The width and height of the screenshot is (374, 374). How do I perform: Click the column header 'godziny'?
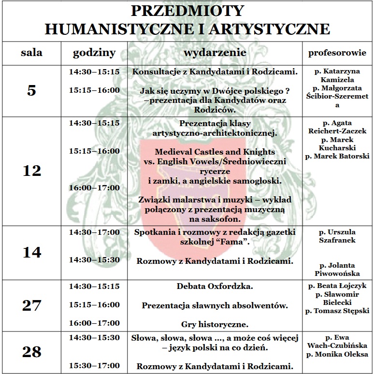point(94,53)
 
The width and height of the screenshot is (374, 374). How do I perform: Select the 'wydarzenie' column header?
point(215,53)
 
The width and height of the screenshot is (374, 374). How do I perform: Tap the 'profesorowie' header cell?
point(337,53)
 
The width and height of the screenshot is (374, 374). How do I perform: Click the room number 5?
point(32,90)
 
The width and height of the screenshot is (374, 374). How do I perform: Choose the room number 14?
point(32,252)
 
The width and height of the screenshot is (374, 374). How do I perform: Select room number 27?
point(32,305)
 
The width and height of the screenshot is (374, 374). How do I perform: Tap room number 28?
point(32,352)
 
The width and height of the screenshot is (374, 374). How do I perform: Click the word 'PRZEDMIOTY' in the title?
point(187,11)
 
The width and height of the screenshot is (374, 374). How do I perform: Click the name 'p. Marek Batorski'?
point(337,156)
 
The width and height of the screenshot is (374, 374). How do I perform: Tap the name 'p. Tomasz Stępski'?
point(337,311)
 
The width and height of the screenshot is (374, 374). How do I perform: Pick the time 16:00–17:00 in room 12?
point(94,187)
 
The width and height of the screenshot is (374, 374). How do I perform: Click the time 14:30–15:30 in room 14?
point(94,259)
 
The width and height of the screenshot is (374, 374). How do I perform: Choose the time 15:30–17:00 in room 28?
point(94,366)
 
